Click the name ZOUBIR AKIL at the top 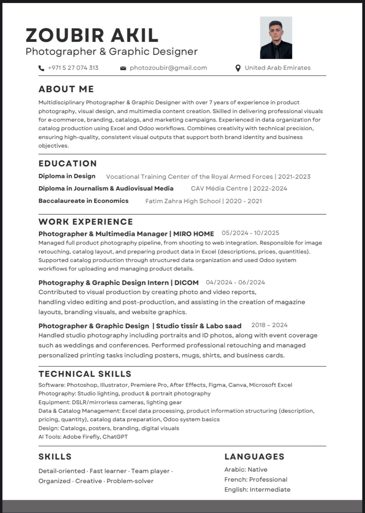coord(92,35)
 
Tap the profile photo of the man coord(276,37)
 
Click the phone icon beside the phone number coord(41,68)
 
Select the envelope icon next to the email coord(123,68)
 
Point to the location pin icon coord(238,68)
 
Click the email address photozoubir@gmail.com coord(168,68)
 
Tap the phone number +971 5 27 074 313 coord(73,68)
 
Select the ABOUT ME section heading coord(66,89)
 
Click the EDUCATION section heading coord(68,164)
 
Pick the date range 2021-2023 coord(294,177)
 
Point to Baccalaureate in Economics coord(83,201)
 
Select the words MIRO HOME coord(194,234)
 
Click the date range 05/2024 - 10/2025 coord(250,233)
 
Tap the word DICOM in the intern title coord(187,283)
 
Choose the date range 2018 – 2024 coord(269,325)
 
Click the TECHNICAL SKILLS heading coord(85,374)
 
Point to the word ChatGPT coord(115,437)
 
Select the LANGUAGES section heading coord(254,457)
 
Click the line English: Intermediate coord(257,489)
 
